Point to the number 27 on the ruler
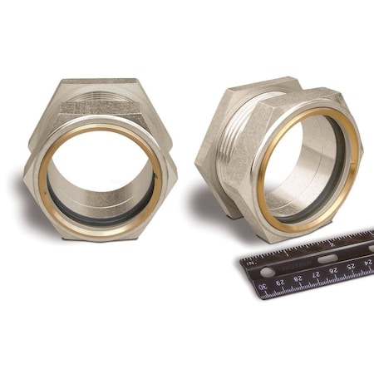click(318, 275)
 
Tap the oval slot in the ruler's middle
click(327, 258)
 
